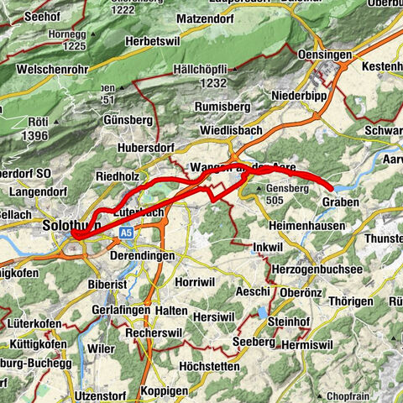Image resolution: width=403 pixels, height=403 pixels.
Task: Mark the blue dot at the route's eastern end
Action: click(x=331, y=188)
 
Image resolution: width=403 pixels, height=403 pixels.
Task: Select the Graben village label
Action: click(x=340, y=202)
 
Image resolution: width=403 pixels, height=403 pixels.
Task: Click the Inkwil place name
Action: click(x=267, y=248)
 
